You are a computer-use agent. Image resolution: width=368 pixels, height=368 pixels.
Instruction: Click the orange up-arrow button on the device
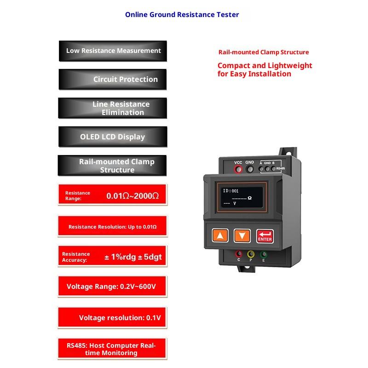click(220, 235)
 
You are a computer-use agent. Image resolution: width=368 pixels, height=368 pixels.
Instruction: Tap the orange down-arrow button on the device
click(242, 236)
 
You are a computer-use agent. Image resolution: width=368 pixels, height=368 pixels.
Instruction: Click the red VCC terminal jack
click(238, 169)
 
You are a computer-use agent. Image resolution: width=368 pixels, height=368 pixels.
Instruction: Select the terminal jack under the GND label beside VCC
click(250, 169)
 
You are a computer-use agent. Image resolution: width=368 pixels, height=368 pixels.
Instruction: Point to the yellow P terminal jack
click(251, 254)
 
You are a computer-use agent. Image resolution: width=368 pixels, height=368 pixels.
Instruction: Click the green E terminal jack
click(264, 254)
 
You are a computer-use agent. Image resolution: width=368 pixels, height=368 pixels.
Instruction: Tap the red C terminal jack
click(239, 254)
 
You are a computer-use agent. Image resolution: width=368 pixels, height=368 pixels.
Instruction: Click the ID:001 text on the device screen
click(230, 191)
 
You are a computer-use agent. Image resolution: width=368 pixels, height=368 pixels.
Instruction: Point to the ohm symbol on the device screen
click(249, 198)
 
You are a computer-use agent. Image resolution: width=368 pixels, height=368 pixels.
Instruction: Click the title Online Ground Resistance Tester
click(182, 15)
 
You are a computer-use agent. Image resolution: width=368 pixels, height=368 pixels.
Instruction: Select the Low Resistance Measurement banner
click(113, 51)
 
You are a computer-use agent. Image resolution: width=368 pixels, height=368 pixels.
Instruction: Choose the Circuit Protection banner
click(113, 79)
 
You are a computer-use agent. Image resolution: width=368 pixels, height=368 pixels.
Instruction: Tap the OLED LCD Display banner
click(113, 137)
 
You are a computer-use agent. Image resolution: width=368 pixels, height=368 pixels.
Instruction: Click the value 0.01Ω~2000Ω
click(132, 196)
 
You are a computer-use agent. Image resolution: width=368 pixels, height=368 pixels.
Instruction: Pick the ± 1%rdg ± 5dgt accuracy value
click(133, 257)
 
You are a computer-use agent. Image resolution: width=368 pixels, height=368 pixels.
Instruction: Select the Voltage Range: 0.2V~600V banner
click(112, 287)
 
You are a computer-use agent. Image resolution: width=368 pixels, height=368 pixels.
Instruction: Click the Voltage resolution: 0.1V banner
click(112, 318)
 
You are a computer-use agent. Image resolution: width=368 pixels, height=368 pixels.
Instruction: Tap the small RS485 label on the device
click(281, 168)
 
